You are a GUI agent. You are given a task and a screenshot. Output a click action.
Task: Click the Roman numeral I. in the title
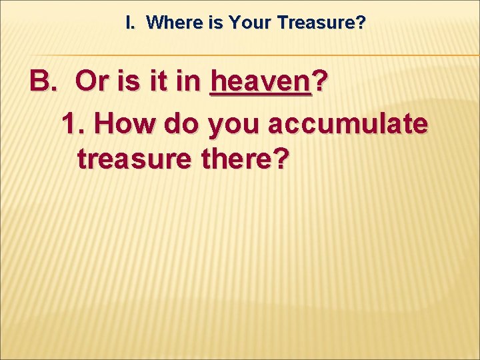[131, 23]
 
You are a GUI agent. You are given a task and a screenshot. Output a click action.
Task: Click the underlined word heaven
[260, 83]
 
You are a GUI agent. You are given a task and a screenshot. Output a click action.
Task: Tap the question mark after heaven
[320, 83]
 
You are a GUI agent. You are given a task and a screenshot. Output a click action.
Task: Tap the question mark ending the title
[361, 23]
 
